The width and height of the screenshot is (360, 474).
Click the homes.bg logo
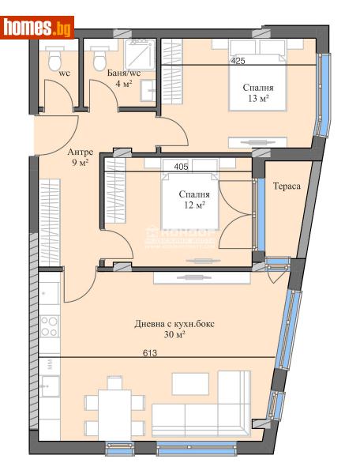pos(38,28)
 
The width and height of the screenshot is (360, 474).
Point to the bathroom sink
pos(148,91)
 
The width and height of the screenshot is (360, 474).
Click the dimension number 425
pos(238,60)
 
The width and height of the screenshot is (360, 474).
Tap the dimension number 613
pos(150,353)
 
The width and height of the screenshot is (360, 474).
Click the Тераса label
pos(286,188)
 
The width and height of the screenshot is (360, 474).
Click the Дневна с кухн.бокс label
pos(174,323)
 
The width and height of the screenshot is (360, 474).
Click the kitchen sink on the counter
pos(51,387)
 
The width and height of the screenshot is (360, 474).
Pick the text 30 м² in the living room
pos(174,334)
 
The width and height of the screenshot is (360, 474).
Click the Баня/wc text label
pos(124,73)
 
